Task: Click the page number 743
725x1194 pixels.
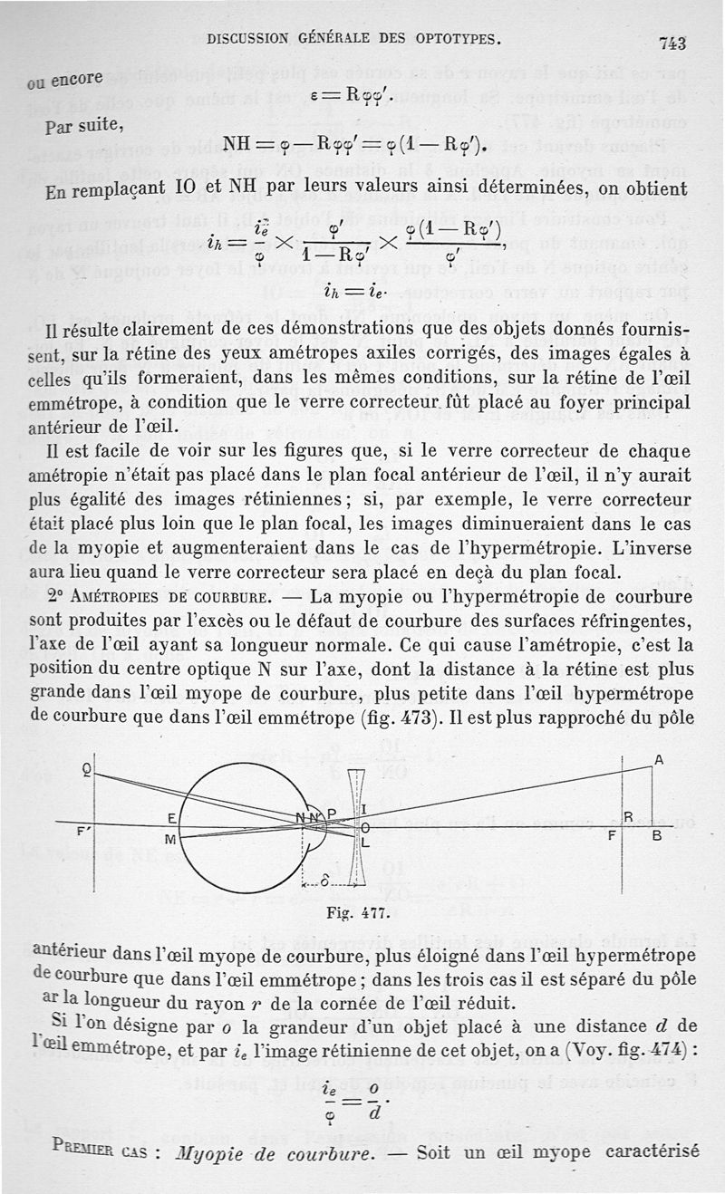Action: click(672, 43)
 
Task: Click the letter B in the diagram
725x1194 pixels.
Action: click(658, 837)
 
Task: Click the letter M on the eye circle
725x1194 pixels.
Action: click(169, 841)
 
